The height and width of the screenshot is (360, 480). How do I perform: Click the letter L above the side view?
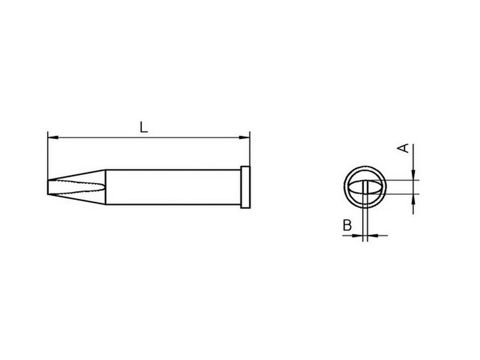[143, 127]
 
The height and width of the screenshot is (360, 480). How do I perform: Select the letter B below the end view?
[347, 225]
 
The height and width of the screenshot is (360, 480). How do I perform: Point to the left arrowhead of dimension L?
[53, 137]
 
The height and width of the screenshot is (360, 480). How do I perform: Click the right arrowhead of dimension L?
[245, 137]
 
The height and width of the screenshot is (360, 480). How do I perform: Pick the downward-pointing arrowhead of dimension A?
[413, 175]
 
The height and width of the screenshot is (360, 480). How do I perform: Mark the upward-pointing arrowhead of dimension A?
[413, 199]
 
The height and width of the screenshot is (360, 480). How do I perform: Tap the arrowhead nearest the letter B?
[357, 235]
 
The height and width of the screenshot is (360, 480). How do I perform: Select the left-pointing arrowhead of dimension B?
[372, 235]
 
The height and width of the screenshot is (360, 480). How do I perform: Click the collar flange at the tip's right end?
[246, 187]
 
